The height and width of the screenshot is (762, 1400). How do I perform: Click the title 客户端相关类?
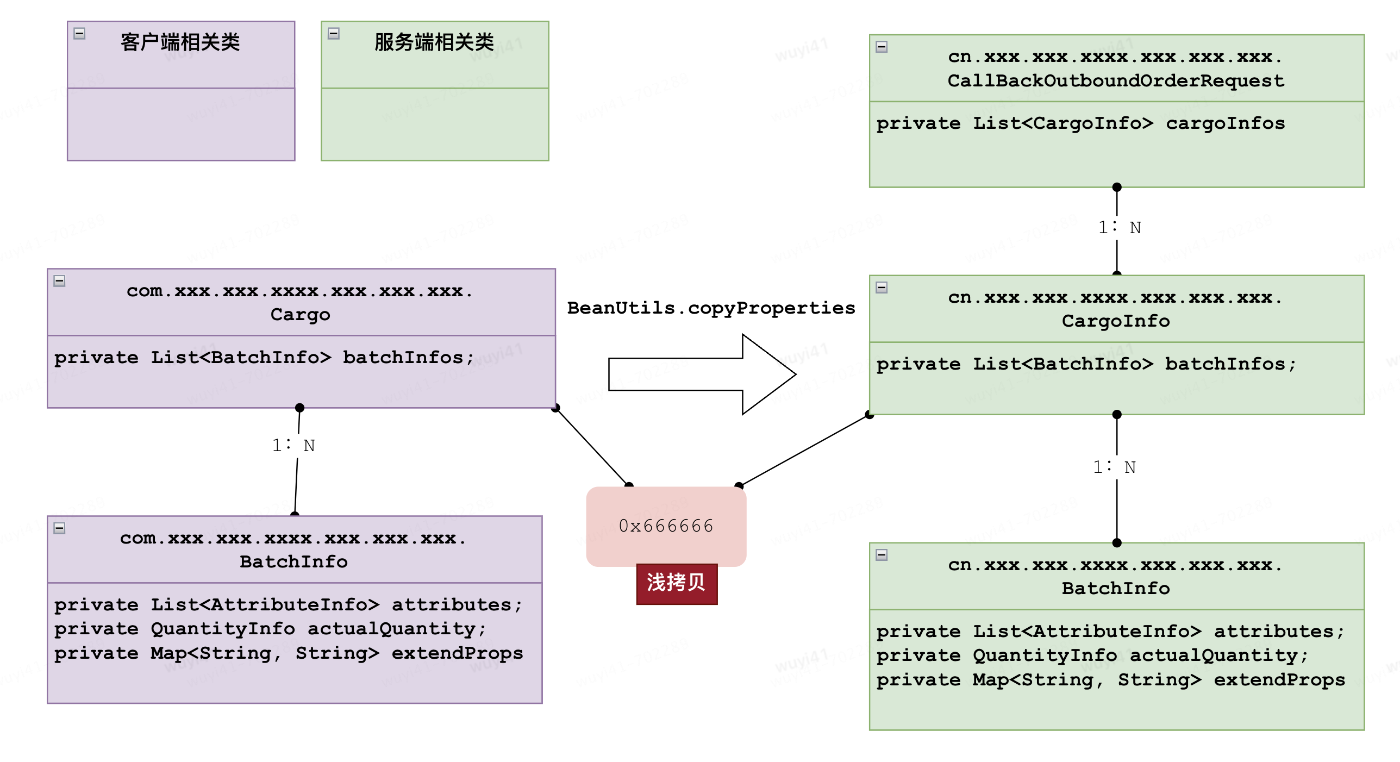click(x=180, y=42)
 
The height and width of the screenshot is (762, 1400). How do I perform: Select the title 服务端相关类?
click(x=434, y=42)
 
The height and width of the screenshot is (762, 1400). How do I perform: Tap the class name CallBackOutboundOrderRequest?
click(x=1116, y=81)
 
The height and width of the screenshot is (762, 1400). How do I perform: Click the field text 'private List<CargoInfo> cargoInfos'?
click(x=1080, y=123)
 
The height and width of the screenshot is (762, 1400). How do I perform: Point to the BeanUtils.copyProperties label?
click(x=711, y=308)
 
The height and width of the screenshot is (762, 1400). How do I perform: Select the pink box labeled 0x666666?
click(x=666, y=526)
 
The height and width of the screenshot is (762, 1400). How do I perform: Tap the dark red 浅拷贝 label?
click(x=677, y=583)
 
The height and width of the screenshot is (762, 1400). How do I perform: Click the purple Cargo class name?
click(x=300, y=315)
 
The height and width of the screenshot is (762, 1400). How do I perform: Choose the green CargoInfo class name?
click(x=1116, y=321)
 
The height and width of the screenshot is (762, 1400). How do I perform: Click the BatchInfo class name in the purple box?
click(x=293, y=561)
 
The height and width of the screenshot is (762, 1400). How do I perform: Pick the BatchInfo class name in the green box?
click(x=1116, y=588)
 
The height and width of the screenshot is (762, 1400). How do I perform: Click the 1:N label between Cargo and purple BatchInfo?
click(x=293, y=446)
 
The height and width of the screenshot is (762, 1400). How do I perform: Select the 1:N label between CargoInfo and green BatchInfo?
click(x=1114, y=467)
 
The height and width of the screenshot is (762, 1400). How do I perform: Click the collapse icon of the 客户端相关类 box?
click(x=79, y=34)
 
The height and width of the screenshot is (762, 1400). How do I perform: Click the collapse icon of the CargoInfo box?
click(x=882, y=288)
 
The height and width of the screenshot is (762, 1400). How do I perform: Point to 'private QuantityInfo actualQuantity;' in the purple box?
click(x=270, y=629)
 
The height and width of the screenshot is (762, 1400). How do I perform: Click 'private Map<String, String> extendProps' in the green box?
click(x=1110, y=680)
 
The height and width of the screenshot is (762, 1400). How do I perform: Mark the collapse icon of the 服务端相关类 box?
click(x=334, y=34)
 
